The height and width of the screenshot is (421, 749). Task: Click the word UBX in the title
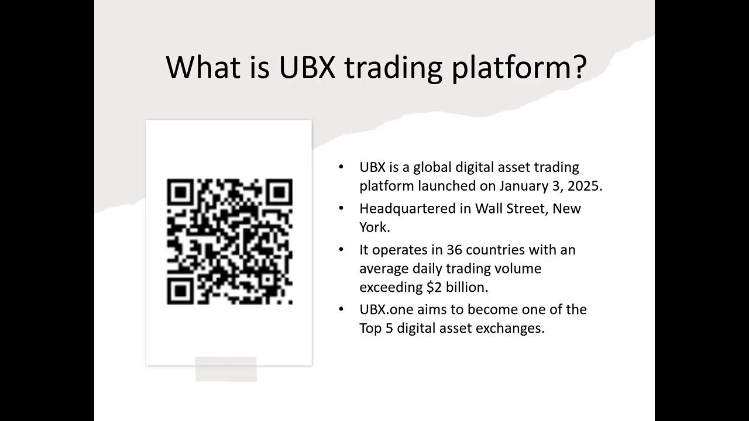[x=307, y=67]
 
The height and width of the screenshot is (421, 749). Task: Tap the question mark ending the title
[x=578, y=67]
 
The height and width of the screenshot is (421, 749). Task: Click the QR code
[x=229, y=241]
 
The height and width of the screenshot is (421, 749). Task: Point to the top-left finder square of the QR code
[x=181, y=192]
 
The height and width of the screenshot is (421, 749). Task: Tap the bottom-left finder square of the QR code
[x=181, y=290]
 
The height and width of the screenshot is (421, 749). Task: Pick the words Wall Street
[x=511, y=209]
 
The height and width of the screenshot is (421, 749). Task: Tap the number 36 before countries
[x=455, y=250]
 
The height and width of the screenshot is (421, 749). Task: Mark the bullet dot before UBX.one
[x=341, y=309]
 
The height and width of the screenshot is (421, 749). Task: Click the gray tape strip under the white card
[x=226, y=370]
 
